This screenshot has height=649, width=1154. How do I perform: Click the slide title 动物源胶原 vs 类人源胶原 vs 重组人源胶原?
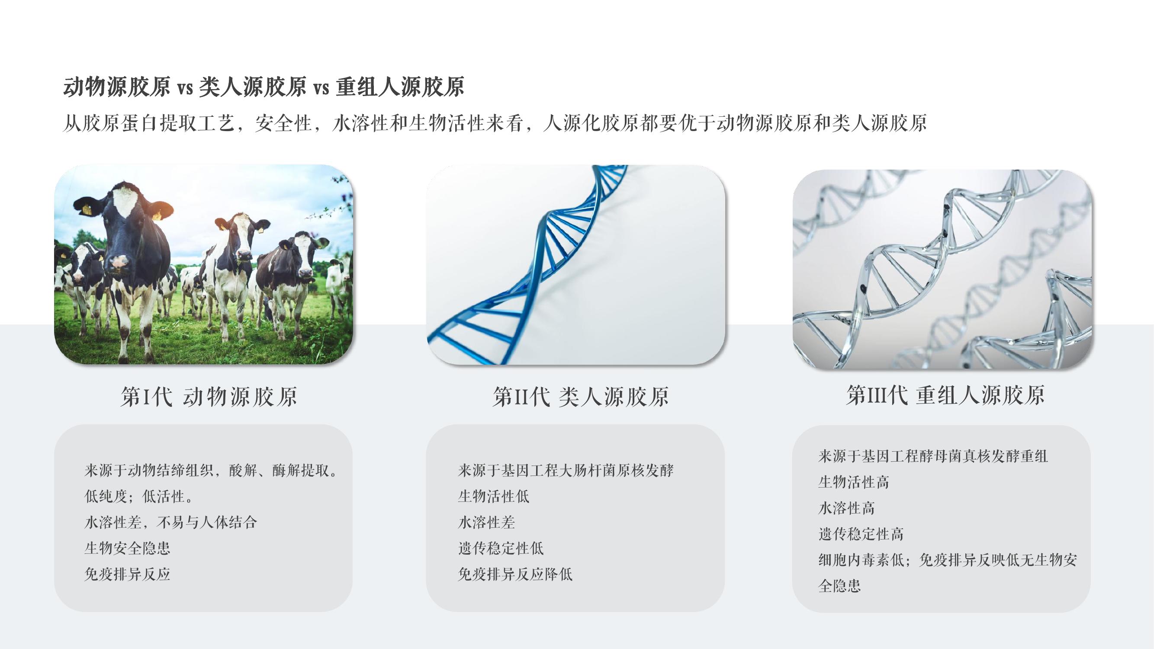tap(264, 87)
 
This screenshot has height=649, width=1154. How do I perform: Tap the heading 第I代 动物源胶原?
tap(209, 396)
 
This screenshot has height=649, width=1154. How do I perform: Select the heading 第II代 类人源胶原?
tap(581, 396)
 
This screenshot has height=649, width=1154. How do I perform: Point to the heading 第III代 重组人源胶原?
tap(946, 395)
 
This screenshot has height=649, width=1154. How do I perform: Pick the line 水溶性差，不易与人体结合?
tap(170, 522)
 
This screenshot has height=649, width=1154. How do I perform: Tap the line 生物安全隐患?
tap(127, 548)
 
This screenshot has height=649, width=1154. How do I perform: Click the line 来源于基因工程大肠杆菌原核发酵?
tap(566, 470)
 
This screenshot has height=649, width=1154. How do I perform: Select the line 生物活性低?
tap(494, 496)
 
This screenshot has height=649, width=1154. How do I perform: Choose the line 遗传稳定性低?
tap(501, 548)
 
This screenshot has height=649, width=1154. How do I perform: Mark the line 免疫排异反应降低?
tap(515, 574)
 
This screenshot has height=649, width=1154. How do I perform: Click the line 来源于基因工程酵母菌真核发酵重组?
tap(933, 456)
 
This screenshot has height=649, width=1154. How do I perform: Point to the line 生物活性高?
tap(854, 482)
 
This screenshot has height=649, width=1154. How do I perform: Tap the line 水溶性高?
tap(847, 508)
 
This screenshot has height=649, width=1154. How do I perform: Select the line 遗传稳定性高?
tap(861, 534)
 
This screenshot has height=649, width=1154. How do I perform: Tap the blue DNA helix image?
tap(575, 264)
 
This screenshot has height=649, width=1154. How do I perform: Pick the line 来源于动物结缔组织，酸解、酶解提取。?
tap(211, 470)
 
